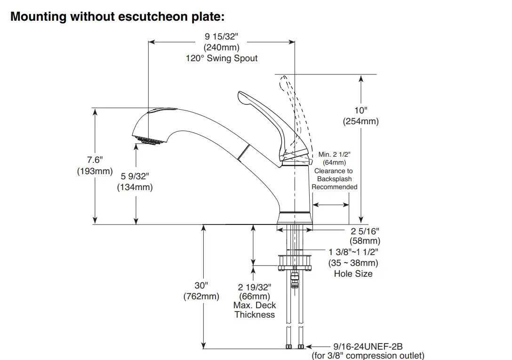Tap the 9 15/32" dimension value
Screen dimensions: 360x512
point(221,36)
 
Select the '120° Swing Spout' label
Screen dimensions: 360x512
point(222,58)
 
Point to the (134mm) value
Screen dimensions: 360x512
point(135,187)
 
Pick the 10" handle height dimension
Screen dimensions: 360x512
point(360,110)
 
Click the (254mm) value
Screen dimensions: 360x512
point(360,121)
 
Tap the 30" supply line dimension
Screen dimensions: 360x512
point(201,285)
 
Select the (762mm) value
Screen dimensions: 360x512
point(201,296)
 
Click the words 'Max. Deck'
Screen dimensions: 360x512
point(255,305)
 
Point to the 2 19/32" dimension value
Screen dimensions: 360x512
point(255,287)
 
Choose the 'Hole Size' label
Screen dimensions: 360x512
point(353,274)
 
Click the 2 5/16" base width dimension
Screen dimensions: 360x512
point(365,231)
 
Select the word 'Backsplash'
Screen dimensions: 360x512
point(334,179)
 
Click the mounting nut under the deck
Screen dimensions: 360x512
point(295,262)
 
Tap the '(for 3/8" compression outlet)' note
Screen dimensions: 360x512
point(368,356)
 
